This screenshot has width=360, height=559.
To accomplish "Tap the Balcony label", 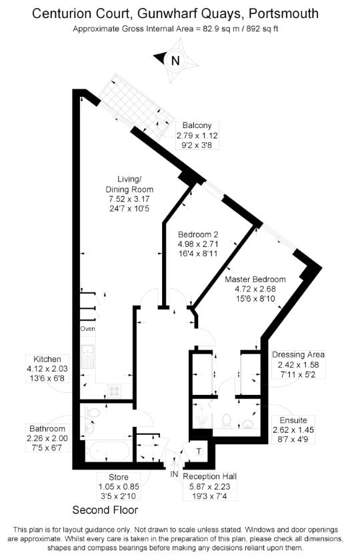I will tap(197, 125).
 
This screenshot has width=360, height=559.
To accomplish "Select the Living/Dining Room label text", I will tap(130, 184).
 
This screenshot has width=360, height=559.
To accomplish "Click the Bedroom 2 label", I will tap(198, 235).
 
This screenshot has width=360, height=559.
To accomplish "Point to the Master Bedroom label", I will tap(255, 279).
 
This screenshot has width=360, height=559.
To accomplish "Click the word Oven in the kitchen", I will tap(88, 330).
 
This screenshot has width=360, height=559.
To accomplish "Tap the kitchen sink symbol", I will tap(88, 358).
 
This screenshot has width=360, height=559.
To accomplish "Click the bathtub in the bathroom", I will tap(106, 452).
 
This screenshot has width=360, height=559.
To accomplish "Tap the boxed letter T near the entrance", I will tap(199, 452).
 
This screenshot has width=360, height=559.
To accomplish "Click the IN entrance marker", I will tap(174, 474).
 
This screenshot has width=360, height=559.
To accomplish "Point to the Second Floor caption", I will tap(105, 510).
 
